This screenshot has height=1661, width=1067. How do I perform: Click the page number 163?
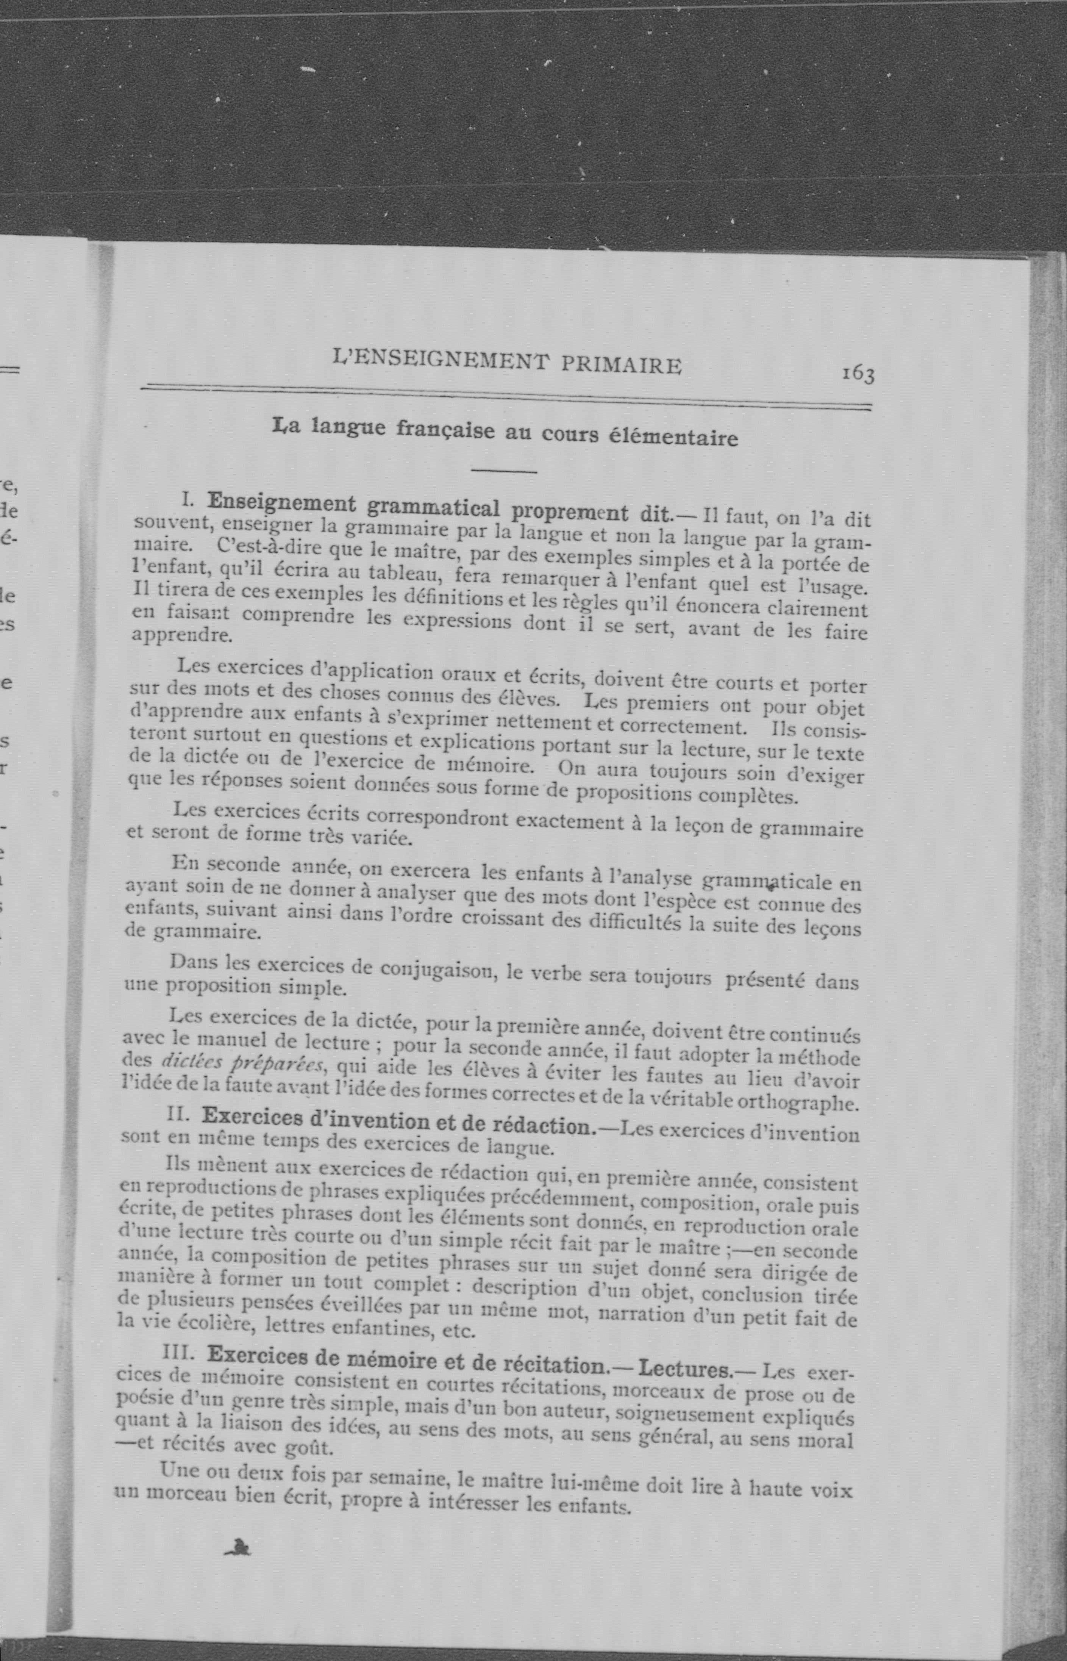[858, 374]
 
